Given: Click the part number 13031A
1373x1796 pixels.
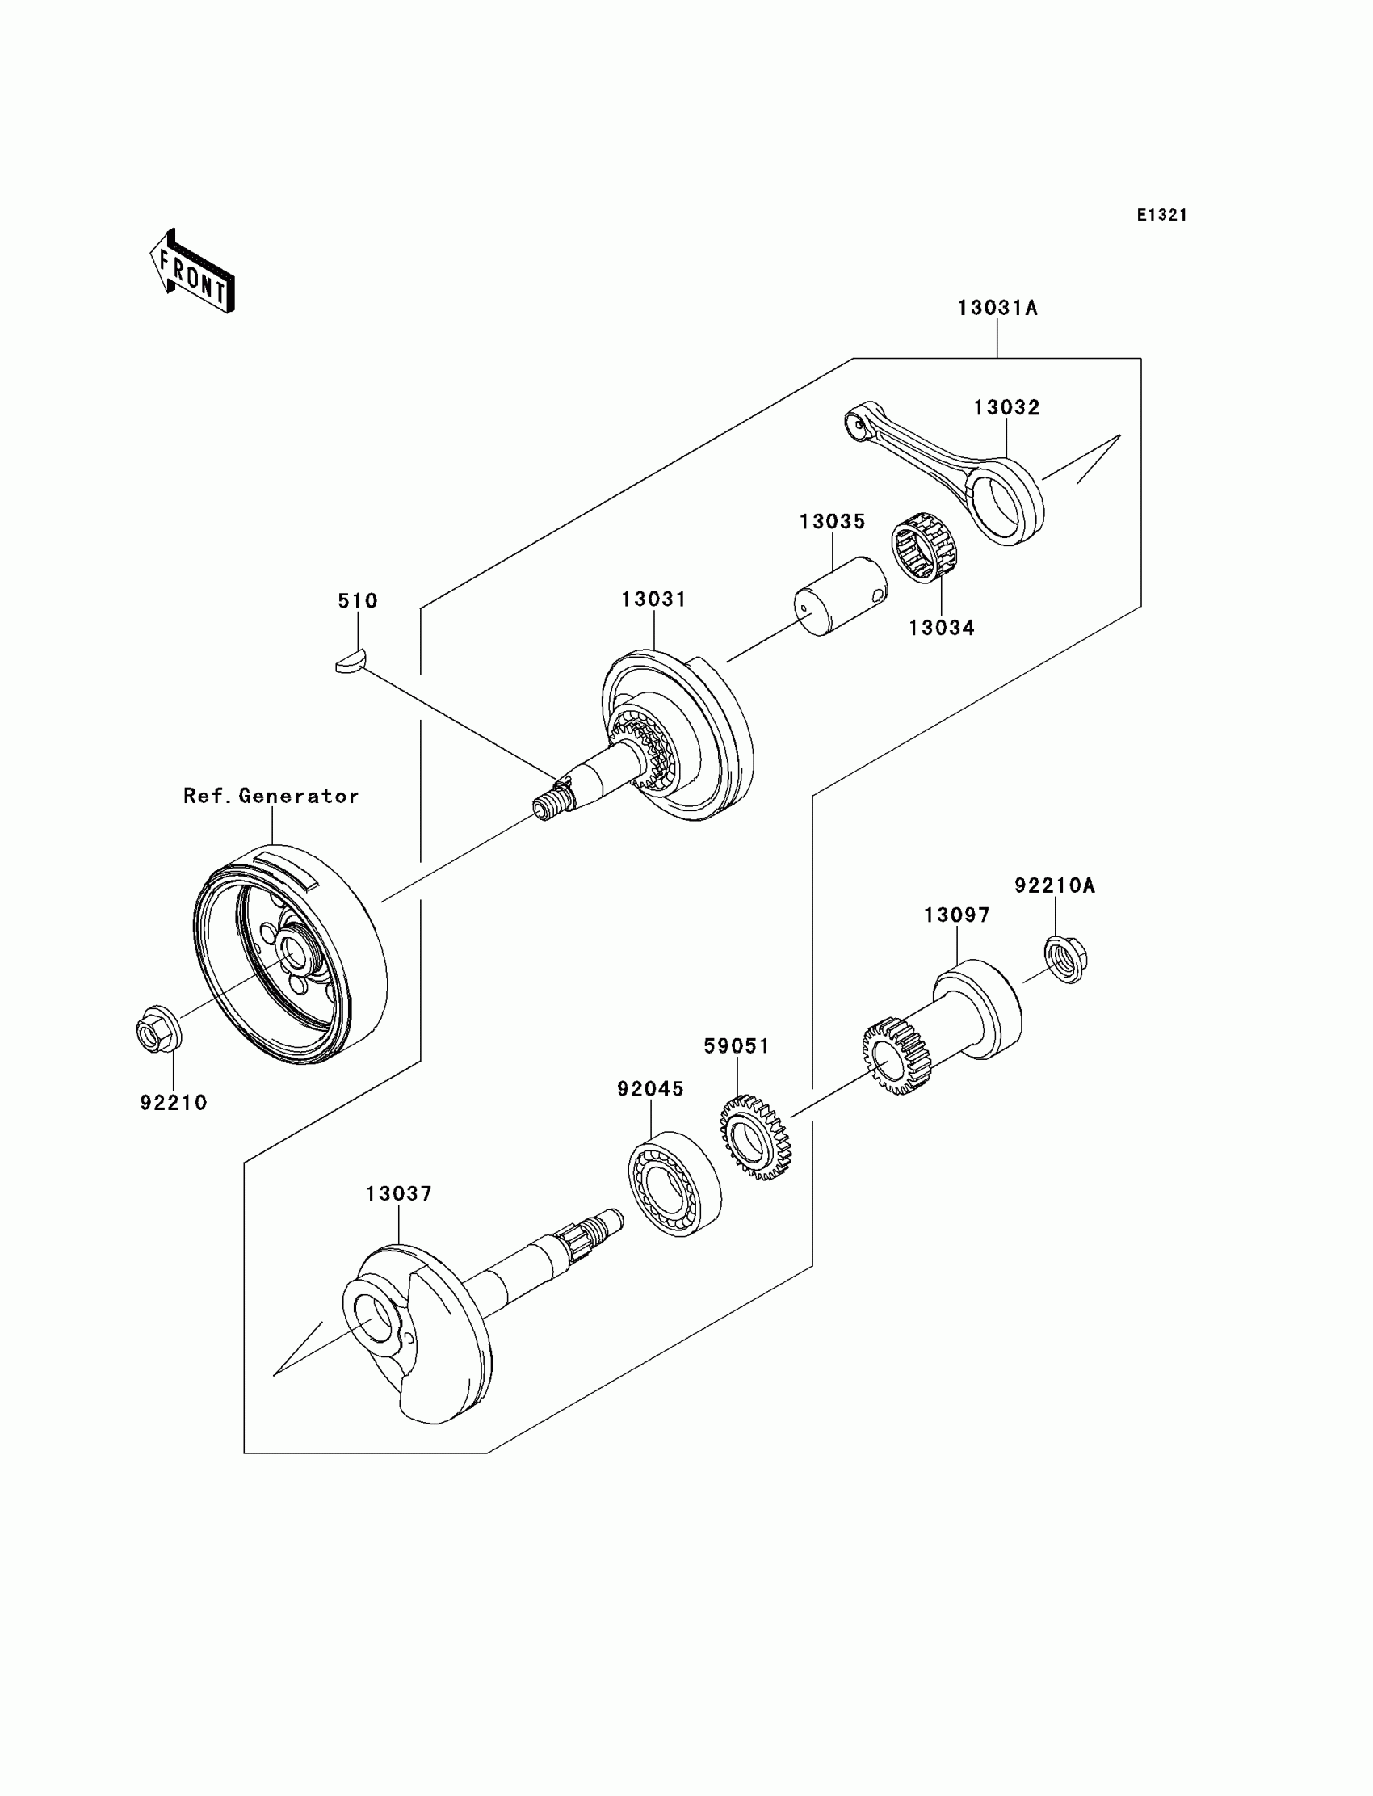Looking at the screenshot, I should click(997, 308).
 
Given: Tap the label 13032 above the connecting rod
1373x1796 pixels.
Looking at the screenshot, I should click(1006, 408).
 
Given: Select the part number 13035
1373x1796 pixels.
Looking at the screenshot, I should click(832, 522).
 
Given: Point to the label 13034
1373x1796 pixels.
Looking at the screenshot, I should click(942, 628).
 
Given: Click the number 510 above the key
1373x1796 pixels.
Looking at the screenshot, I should click(358, 601).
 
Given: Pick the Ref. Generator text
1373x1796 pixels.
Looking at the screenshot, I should click(271, 797).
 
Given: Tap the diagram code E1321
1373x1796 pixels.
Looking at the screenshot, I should click(1161, 215).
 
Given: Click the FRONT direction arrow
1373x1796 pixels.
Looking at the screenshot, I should click(193, 272).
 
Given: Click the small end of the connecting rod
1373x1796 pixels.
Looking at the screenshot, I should click(856, 423).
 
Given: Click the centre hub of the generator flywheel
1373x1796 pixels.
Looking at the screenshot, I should click(292, 953).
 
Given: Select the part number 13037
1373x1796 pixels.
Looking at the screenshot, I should click(399, 1194).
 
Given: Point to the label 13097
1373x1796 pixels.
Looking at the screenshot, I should click(956, 915).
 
